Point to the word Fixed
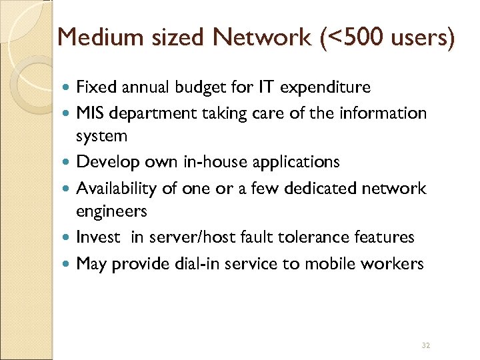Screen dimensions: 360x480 95,87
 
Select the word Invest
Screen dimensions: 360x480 97,237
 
